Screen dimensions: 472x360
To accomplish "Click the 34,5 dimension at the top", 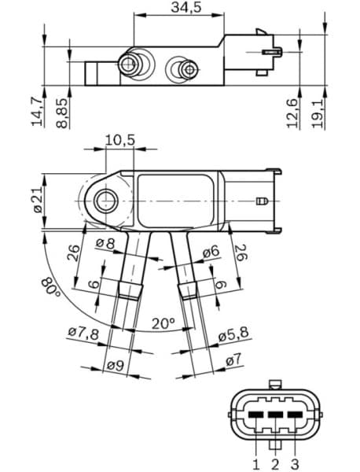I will tap(186, 8).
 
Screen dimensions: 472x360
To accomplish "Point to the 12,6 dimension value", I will tap(292, 112).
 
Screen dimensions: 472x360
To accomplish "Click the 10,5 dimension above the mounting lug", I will tap(119, 139).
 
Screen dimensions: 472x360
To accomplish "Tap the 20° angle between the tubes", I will tap(163, 323).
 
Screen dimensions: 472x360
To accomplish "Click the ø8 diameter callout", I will tap(105, 245).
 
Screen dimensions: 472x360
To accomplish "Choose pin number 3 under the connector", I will tap(295, 463).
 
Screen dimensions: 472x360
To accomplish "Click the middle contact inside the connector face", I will tap(274, 414).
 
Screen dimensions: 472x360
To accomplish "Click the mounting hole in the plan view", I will tap(105, 203).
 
